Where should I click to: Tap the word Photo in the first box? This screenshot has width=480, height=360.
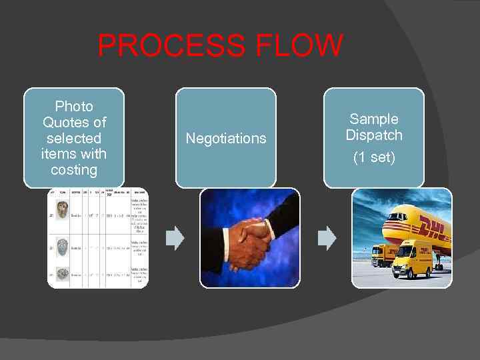coord(74,106)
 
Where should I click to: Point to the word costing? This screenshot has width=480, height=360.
coord(74,170)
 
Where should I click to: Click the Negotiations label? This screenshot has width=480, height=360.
coord(226,138)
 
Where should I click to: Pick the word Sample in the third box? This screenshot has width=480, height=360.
coord(374,119)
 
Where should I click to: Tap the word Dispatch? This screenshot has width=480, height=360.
coord(374,135)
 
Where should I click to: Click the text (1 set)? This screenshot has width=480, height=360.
coord(374,158)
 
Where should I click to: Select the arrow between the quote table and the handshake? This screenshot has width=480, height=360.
coord(175,238)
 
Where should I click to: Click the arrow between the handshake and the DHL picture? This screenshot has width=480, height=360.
coord(327,238)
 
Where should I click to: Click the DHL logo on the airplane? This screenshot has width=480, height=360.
coord(433,231)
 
